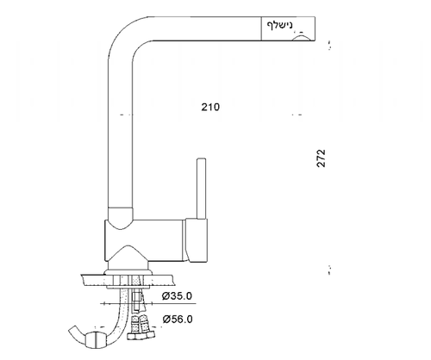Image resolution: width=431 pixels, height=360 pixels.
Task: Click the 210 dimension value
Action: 210,107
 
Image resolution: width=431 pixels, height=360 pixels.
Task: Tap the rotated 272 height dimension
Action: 321,158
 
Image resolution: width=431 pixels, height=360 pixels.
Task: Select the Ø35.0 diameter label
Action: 177,295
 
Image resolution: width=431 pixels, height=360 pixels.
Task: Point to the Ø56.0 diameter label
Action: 178,319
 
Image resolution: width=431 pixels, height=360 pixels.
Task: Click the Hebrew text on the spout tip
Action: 279,25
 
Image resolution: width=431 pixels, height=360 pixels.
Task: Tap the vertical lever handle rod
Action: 201,189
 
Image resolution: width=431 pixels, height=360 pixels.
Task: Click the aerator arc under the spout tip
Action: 301,37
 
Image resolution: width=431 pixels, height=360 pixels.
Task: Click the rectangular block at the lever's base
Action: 197,240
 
